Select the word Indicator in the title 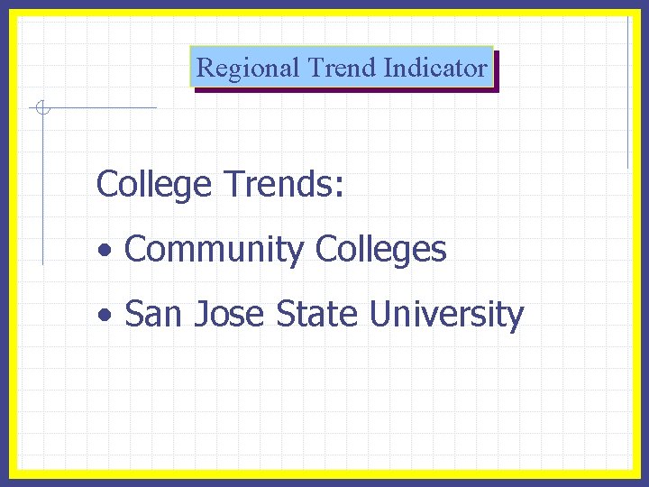(x=435, y=68)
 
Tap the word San (x=153, y=315)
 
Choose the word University (x=446, y=315)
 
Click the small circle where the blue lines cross (x=41, y=109)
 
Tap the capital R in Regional (x=205, y=68)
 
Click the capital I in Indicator (x=388, y=68)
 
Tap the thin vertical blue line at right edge (x=627, y=90)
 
